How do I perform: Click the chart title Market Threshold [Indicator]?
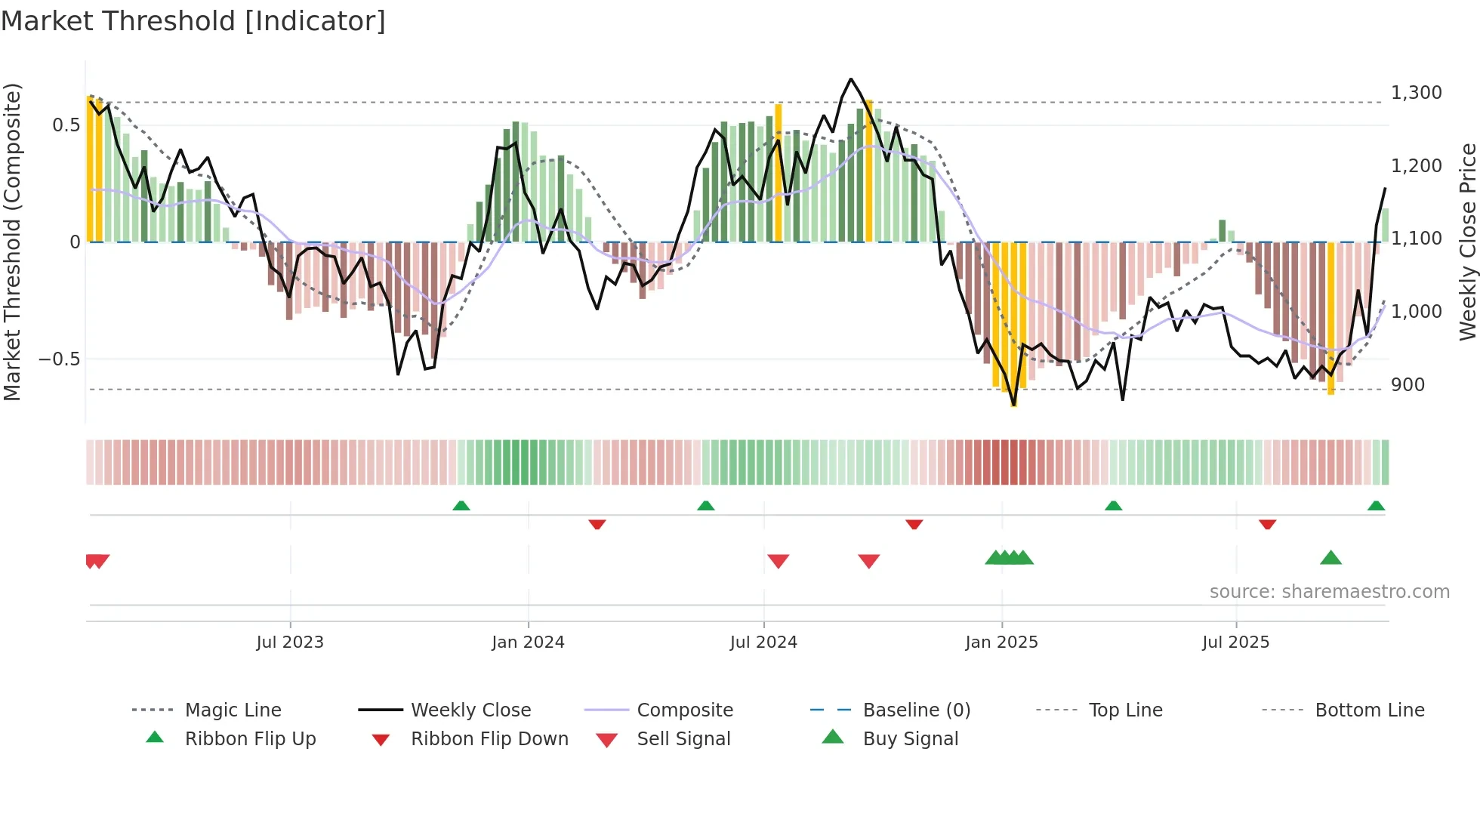193,21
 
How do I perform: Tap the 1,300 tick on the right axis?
1416,93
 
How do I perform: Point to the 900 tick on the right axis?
1408,385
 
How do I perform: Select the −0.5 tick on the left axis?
60,359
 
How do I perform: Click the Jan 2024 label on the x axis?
528,642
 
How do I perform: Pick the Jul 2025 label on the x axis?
1235,642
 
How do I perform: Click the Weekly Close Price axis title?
1467,242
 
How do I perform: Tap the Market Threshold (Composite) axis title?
12,242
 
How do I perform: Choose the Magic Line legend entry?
233,710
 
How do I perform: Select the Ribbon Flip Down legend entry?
489,739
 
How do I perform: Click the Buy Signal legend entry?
910,739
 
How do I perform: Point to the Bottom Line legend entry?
1369,710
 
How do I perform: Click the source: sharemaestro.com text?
1329,592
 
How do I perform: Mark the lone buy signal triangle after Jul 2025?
1330,558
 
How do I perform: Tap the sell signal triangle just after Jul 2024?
778,561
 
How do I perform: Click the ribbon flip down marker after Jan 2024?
597,524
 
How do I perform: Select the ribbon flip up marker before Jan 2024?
461,505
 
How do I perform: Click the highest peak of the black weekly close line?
851,79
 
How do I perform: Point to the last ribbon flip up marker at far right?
1376,505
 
